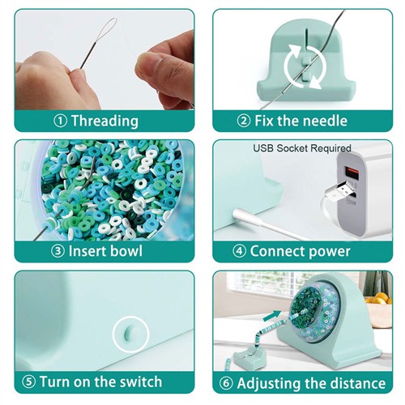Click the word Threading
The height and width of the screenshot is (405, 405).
pos(104,121)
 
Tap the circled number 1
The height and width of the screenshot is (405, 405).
pos(60,122)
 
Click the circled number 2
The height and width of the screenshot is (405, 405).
pos(244,121)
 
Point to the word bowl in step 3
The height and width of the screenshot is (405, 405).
pos(124,251)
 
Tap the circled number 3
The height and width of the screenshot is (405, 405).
pos(58,251)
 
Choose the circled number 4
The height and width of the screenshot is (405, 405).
pos(239,251)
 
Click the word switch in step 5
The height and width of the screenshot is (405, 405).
pos(141,382)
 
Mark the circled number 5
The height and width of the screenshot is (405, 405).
pos(28,382)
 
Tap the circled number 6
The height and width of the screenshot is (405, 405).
pos(226,383)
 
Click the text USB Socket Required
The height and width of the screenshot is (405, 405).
pos(302,148)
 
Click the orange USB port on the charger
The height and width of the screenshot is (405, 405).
pos(351,173)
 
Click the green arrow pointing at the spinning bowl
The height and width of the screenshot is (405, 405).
pos(272,315)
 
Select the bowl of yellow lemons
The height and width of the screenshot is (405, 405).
pos(378,309)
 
